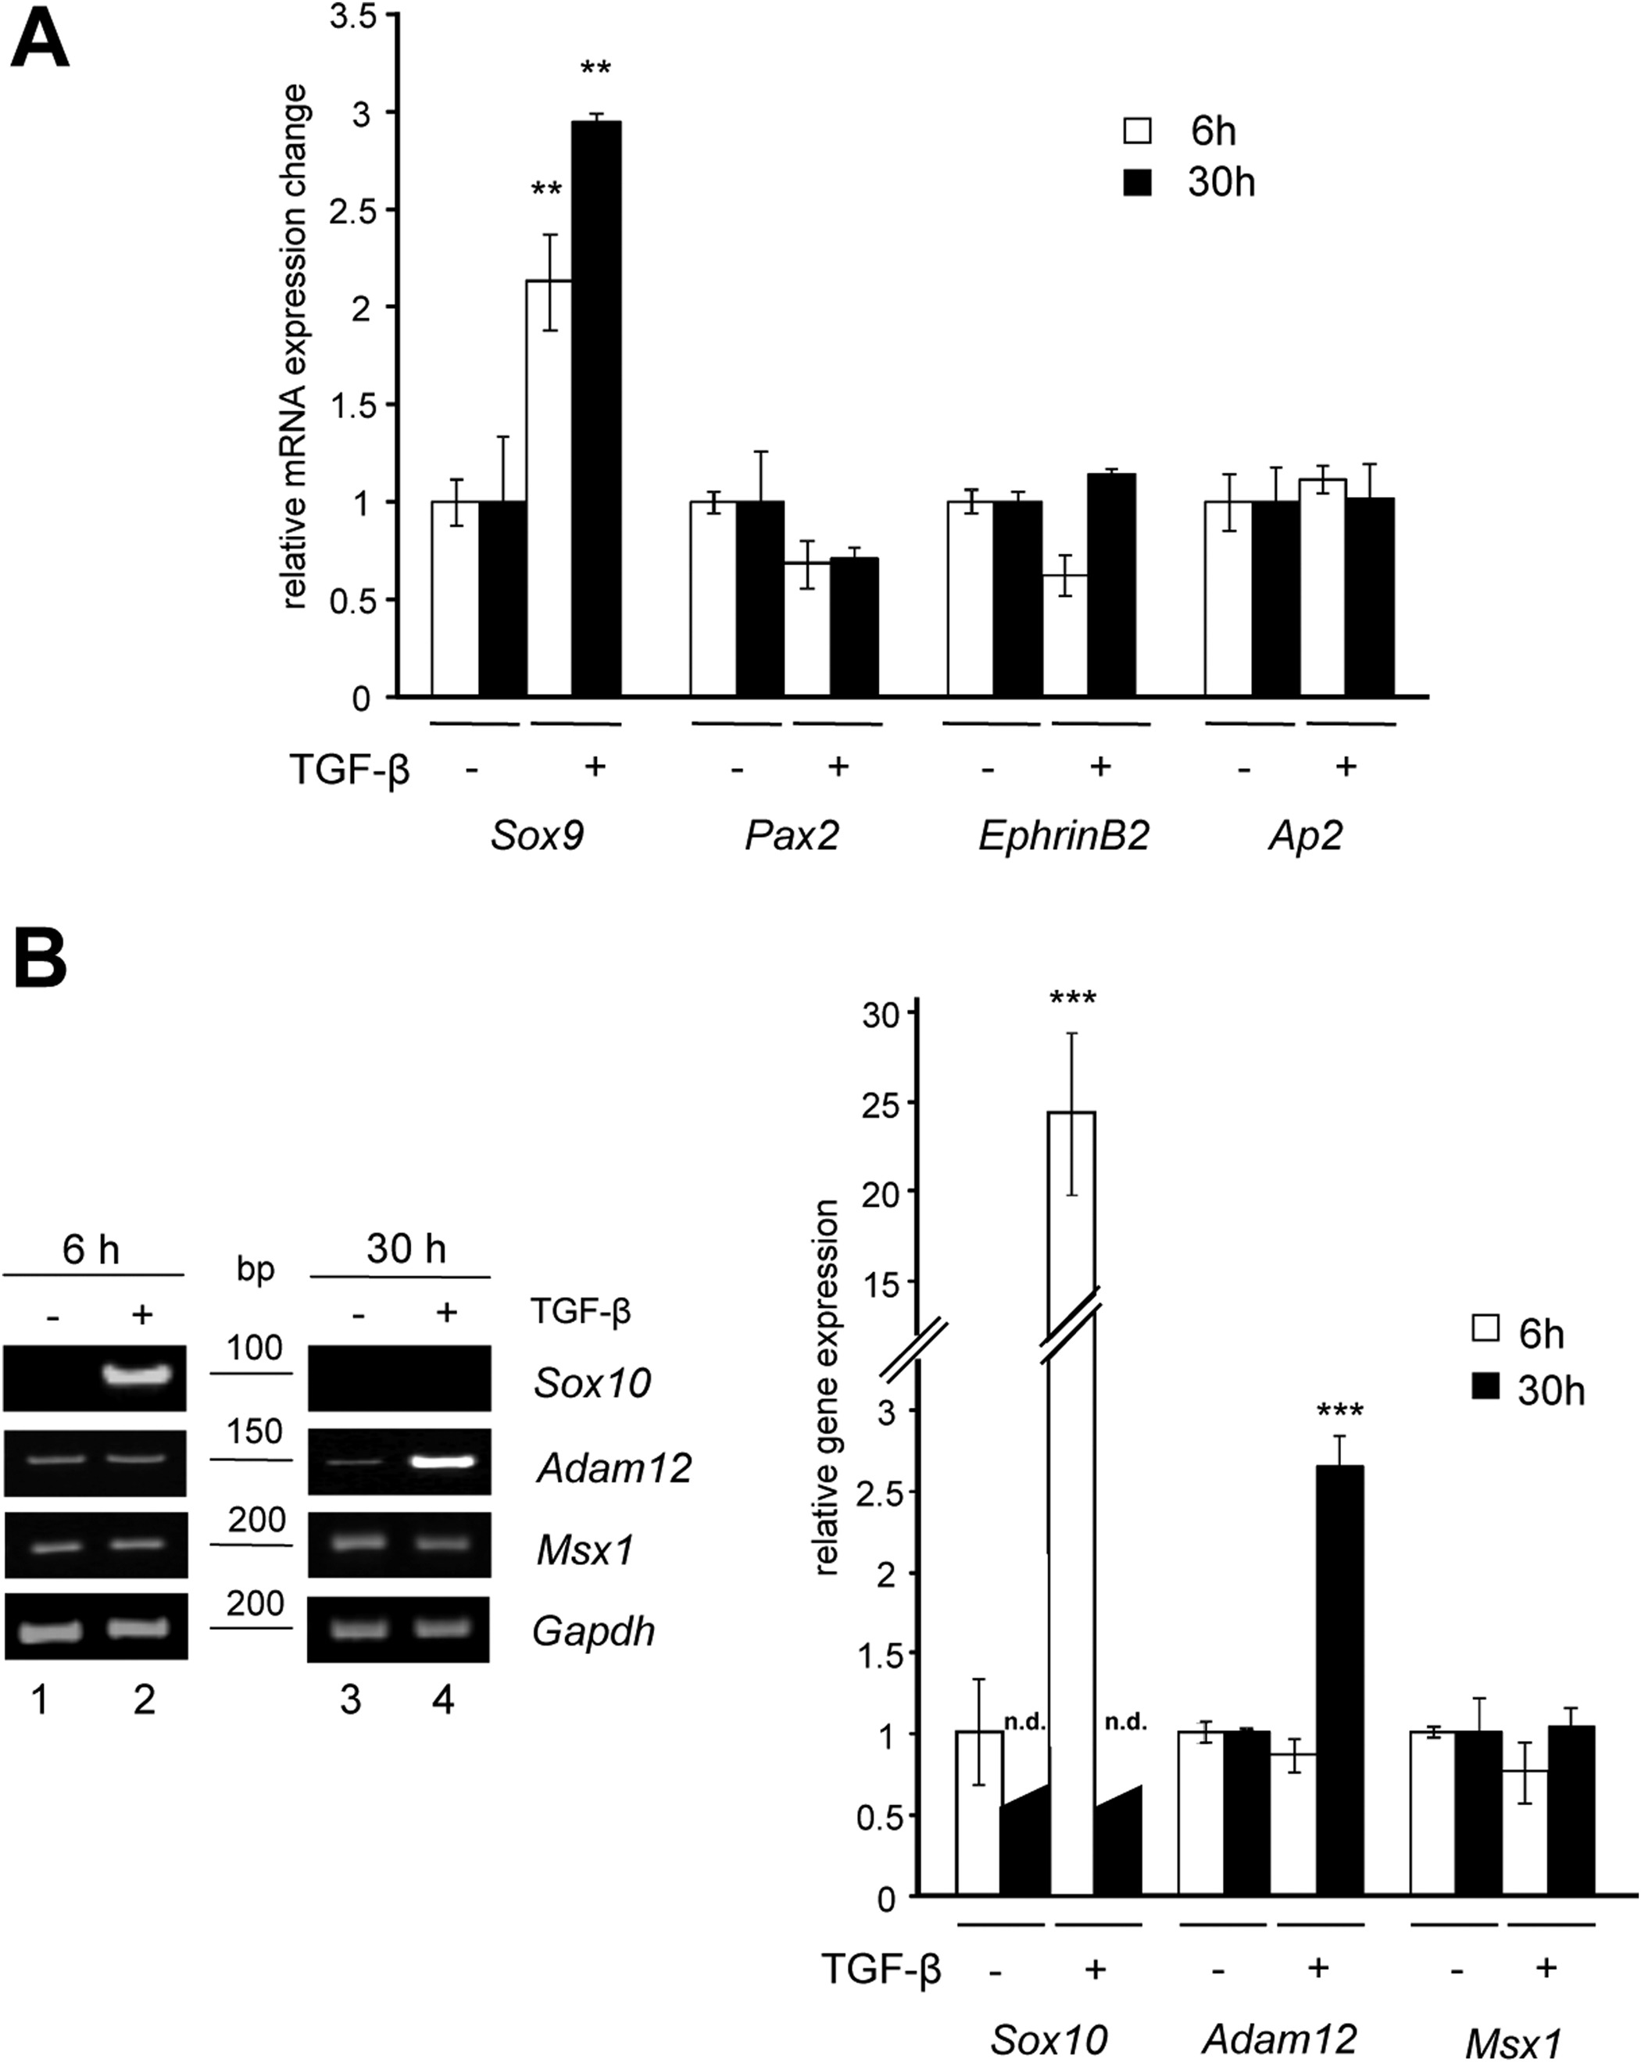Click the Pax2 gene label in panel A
point(792,836)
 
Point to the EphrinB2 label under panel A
point(1064,836)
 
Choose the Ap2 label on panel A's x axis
point(1305,836)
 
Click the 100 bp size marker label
point(255,1348)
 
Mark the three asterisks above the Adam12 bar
point(1340,1410)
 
